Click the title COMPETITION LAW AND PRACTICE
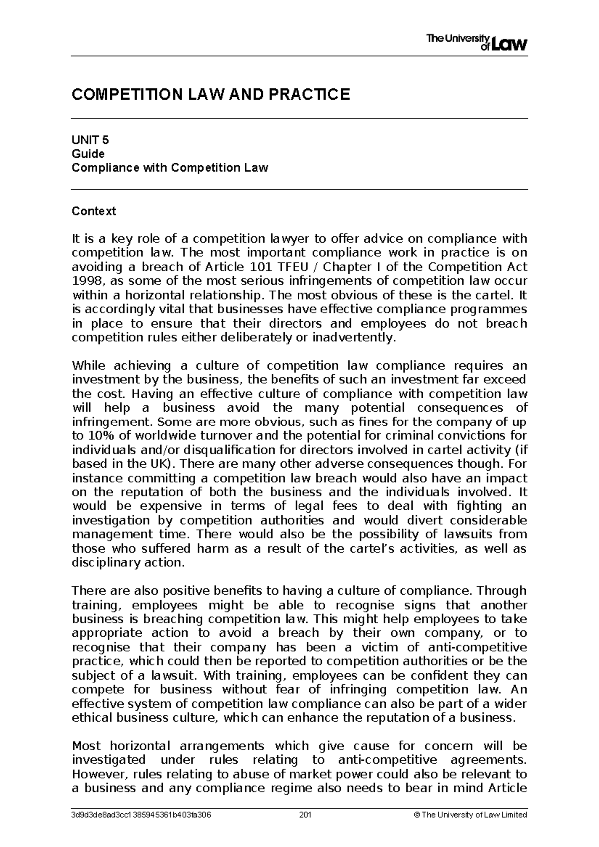211,94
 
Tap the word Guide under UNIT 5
88,154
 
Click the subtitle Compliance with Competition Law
170,168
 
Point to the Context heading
94,211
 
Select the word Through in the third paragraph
502,591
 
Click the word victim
378,647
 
